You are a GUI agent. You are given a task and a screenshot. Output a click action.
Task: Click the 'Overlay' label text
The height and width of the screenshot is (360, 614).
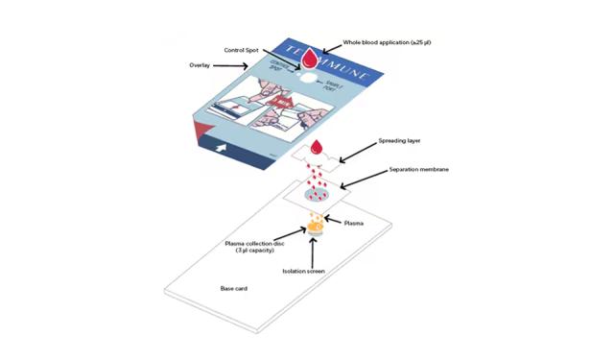tap(203, 66)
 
